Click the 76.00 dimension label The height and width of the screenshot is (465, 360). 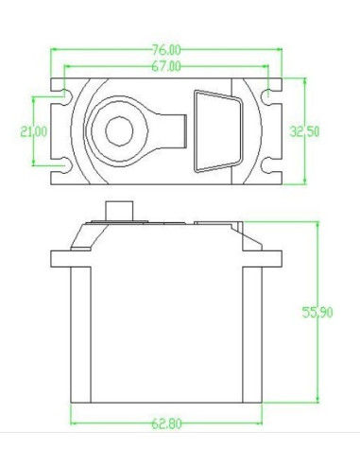click(168, 46)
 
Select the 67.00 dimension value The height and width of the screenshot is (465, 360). click(166, 65)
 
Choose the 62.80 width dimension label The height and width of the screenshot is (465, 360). click(166, 422)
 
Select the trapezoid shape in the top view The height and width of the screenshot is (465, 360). click(215, 131)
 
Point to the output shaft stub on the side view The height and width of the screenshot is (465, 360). click(118, 209)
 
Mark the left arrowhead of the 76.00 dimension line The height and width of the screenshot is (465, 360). click(54, 50)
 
